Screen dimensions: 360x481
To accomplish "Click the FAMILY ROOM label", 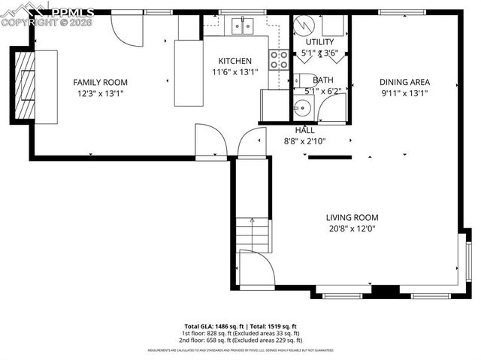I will click(x=100, y=82).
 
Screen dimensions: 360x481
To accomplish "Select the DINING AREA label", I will click(x=404, y=82).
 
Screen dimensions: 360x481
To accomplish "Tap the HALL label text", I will click(x=304, y=130).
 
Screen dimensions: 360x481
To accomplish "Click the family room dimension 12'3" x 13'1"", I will click(x=100, y=93).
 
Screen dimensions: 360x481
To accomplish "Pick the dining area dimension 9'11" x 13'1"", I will click(x=404, y=93).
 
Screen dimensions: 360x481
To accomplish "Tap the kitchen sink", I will click(x=242, y=26).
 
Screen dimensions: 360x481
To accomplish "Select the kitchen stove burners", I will click(x=279, y=60).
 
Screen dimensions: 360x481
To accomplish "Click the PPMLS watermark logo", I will click(x=47, y=13).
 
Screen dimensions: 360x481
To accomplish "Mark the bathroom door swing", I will click(x=331, y=110).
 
